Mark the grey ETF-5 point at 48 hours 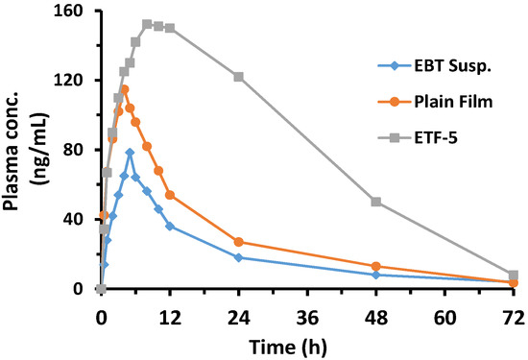[376, 202]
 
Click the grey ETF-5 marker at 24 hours [238, 77]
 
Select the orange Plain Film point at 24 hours [238, 242]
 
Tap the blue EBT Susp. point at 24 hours [238, 257]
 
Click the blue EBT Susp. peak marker [130, 153]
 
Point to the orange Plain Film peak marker [124, 89]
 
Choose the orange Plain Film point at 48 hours [376, 266]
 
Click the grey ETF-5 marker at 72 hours [514, 275]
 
